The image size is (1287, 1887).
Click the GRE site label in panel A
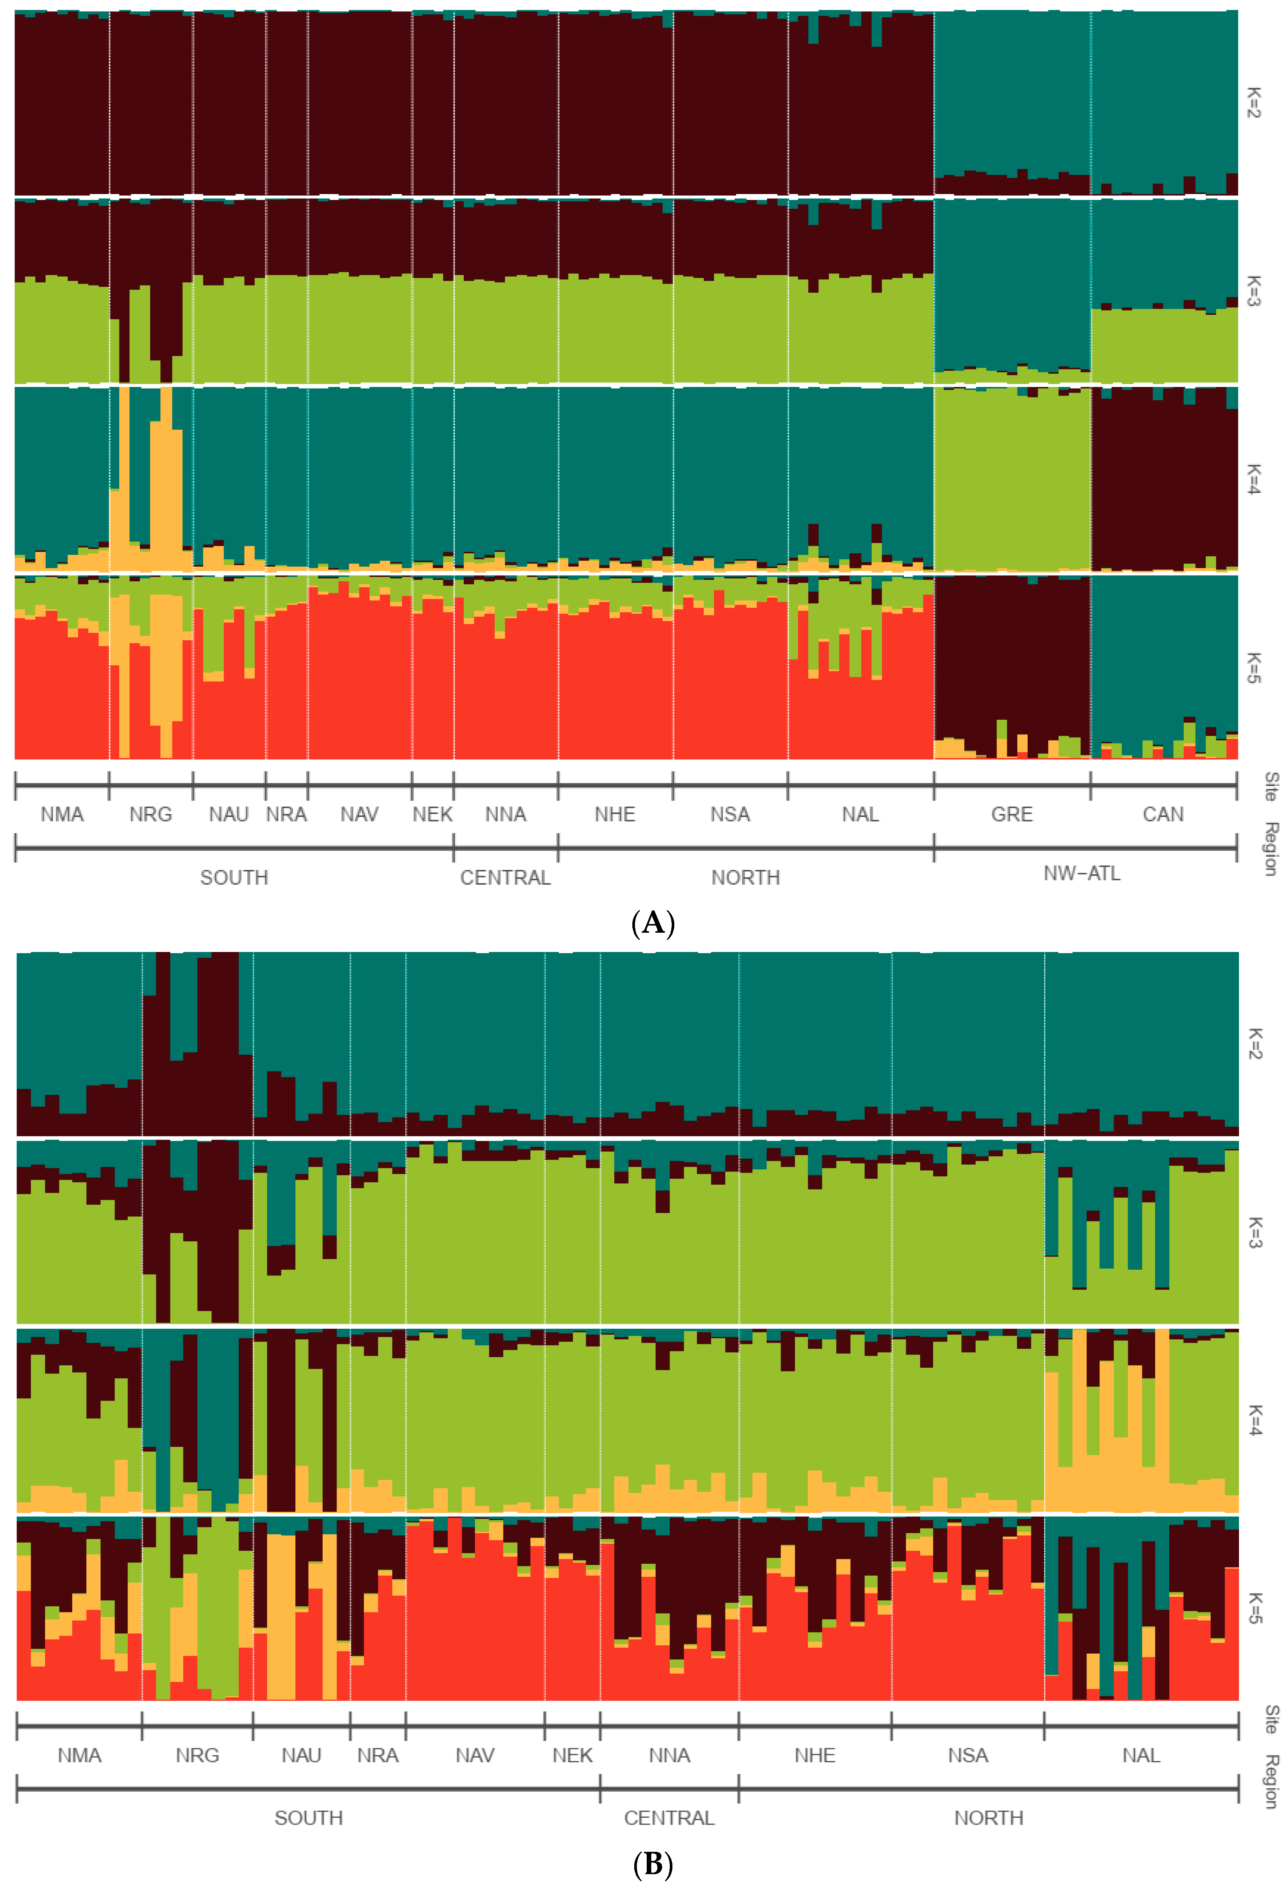click(1012, 814)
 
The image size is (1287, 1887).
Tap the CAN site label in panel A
click(1163, 814)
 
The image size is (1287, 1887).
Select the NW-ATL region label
click(1082, 874)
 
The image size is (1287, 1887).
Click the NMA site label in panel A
click(62, 814)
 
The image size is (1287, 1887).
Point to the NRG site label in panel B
click(197, 1755)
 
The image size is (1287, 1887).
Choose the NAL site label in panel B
click(1141, 1755)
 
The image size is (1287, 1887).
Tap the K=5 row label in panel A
click(1254, 668)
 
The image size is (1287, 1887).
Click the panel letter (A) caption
click(653, 924)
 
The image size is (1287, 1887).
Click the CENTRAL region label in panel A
click(505, 878)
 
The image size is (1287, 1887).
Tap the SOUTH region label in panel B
click(309, 1818)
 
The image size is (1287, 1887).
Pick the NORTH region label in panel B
click(988, 1818)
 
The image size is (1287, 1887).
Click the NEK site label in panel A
click(432, 814)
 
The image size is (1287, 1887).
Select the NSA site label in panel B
click(968, 1755)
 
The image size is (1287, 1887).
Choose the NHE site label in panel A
click(615, 814)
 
